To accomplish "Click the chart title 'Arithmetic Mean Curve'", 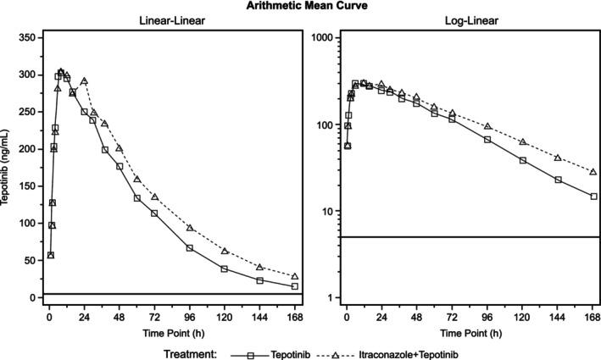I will [x=300, y=6].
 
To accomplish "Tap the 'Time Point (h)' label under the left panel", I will [x=170, y=332].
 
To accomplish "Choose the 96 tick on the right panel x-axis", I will [x=487, y=316].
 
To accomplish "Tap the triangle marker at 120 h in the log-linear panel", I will [x=523, y=141].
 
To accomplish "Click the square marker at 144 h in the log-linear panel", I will [x=558, y=180].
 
